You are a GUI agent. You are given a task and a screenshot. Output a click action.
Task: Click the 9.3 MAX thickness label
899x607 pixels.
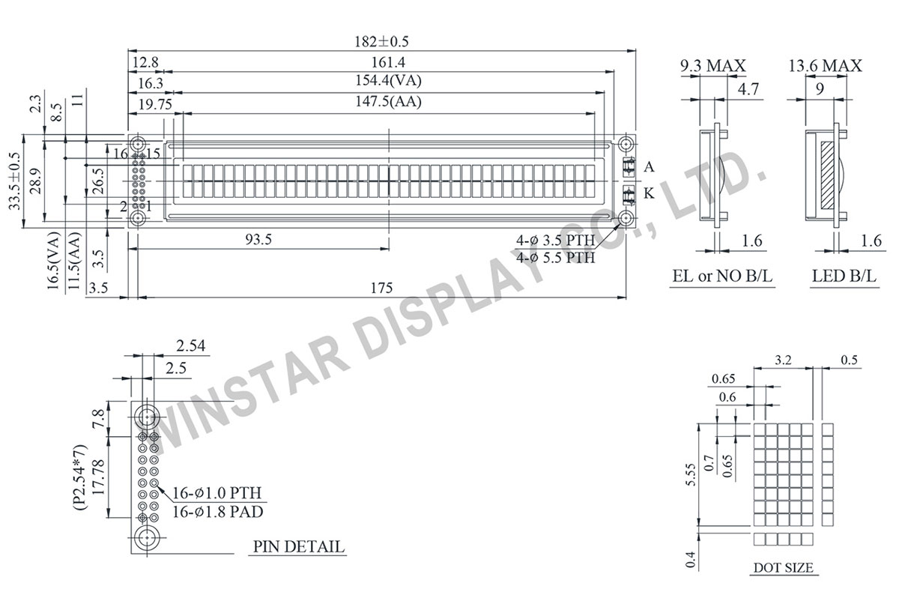click(x=712, y=66)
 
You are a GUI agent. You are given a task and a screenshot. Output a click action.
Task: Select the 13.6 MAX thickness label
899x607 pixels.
click(x=825, y=66)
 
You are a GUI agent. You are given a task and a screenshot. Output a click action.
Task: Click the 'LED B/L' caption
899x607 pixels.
click(x=843, y=277)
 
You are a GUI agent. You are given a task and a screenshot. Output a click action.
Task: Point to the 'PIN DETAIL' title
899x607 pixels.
click(x=299, y=546)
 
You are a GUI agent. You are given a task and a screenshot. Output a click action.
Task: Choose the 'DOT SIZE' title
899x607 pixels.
click(x=783, y=567)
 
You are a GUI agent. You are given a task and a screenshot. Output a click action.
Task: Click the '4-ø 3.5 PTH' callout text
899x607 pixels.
click(x=556, y=241)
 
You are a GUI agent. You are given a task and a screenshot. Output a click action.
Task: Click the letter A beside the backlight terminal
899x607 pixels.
click(x=649, y=166)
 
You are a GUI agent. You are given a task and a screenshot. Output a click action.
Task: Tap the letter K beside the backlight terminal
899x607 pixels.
click(x=649, y=194)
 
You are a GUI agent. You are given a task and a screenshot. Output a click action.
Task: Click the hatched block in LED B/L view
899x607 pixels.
click(x=827, y=176)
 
